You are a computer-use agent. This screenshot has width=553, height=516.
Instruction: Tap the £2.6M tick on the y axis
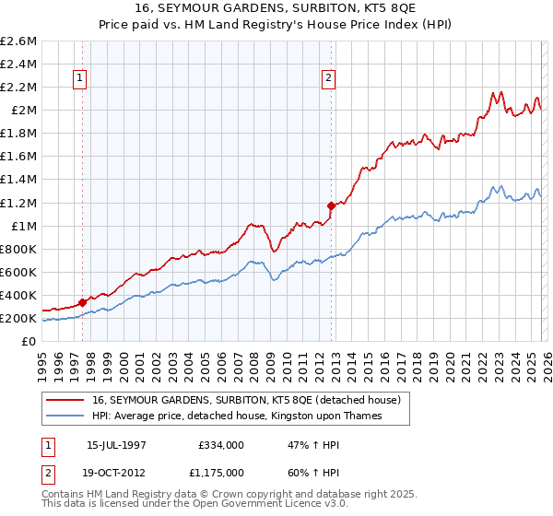click(19, 41)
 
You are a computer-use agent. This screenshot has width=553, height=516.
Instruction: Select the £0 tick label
click(30, 342)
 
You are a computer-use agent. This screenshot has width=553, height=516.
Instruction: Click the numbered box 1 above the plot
click(82, 79)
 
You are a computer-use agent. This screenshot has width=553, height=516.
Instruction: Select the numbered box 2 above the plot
click(328, 79)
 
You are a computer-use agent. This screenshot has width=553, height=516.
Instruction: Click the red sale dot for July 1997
click(83, 302)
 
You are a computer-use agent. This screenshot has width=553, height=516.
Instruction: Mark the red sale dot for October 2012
click(331, 205)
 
